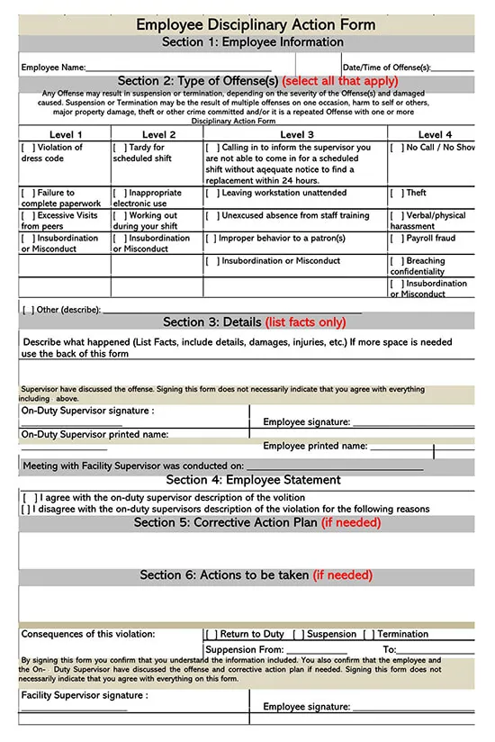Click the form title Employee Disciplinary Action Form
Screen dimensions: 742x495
point(256,24)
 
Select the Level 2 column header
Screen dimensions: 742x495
point(157,134)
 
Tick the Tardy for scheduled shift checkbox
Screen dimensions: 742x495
point(120,148)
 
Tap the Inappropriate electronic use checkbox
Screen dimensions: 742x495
point(120,193)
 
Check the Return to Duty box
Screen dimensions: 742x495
point(211,634)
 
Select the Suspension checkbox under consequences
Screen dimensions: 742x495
point(298,634)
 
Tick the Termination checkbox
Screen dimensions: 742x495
point(368,634)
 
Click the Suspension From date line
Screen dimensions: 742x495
point(316,650)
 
